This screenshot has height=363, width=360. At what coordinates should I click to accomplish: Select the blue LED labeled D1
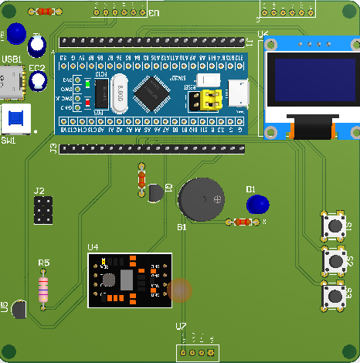[x=256, y=205]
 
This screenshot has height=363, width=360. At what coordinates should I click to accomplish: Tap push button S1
[x=335, y=226]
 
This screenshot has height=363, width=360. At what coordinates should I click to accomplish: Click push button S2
[x=335, y=261]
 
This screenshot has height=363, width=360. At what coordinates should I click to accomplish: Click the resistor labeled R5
[x=44, y=290]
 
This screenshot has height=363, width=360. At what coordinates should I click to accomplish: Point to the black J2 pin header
[x=43, y=209]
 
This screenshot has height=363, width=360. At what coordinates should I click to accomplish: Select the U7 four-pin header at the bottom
[x=195, y=352]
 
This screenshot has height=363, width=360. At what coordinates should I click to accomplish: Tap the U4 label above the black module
[x=93, y=247]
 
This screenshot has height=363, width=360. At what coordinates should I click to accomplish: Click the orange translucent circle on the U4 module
[x=180, y=289]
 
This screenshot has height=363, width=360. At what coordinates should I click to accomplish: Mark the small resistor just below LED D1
[x=242, y=222]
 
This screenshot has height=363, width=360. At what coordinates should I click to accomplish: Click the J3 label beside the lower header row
[x=53, y=147]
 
